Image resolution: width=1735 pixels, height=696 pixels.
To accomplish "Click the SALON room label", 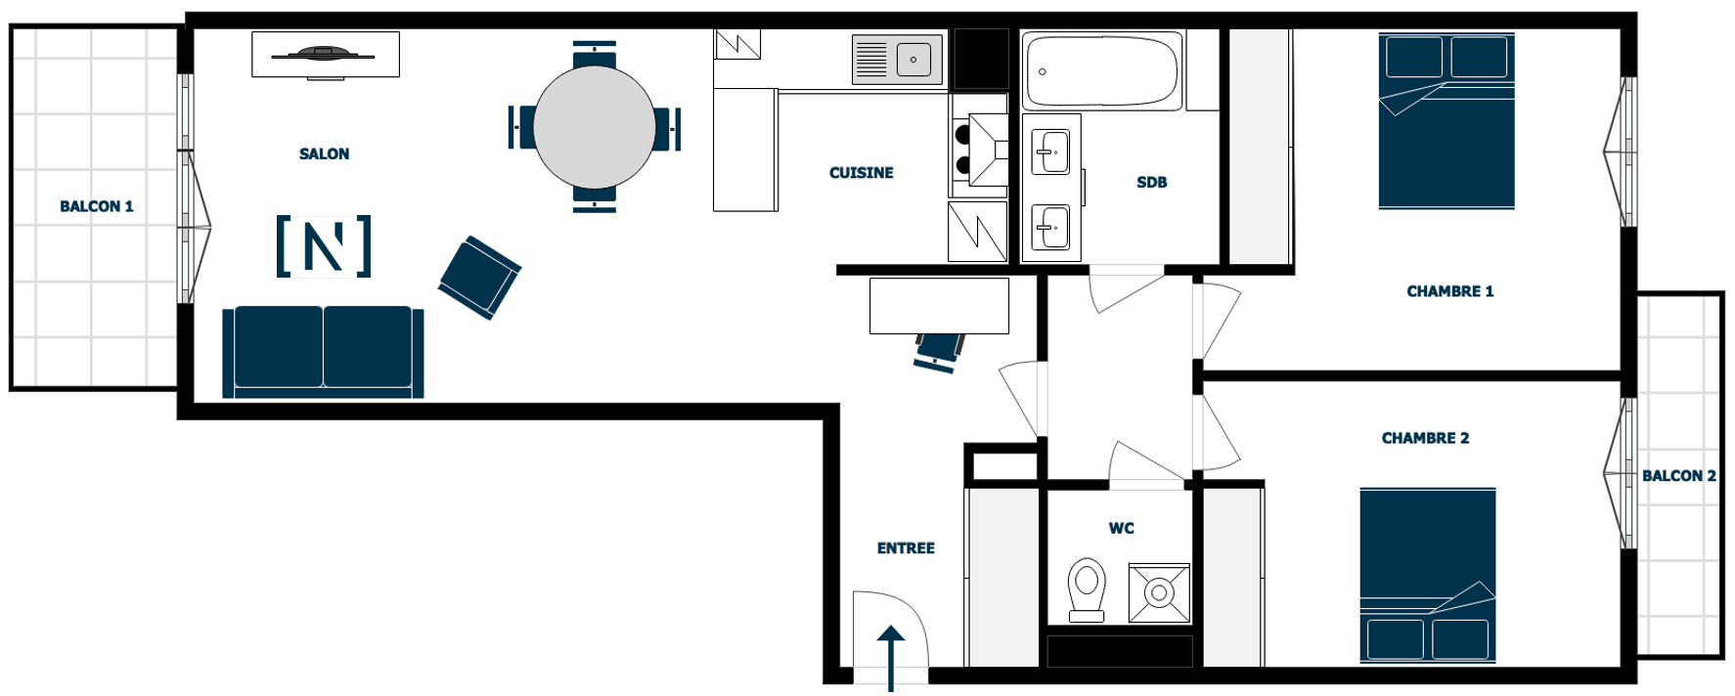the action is tap(324, 153).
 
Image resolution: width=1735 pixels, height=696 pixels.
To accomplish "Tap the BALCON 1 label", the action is tap(97, 206).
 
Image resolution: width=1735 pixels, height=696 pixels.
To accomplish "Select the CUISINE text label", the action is tap(862, 173).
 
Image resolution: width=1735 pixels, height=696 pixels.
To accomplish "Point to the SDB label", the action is tap(1152, 183).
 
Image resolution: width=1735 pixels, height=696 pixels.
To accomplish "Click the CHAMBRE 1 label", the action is tap(1450, 291).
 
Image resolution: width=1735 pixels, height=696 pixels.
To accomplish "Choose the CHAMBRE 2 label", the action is tap(1425, 438).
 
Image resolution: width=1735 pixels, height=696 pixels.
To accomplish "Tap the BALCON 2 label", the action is tap(1679, 476).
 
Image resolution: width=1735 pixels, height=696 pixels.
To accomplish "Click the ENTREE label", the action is tap(906, 548).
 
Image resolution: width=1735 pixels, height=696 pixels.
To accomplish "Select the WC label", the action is tap(1122, 529).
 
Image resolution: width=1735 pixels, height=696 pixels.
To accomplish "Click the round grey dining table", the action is tap(595, 127).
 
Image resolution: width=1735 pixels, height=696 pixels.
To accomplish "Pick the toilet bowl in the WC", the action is tap(1087, 589).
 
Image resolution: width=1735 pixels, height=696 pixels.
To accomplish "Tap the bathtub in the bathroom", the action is tap(1102, 70).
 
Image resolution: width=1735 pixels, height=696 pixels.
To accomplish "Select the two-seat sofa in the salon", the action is tap(324, 352).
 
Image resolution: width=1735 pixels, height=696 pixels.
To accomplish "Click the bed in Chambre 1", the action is tap(1446, 120).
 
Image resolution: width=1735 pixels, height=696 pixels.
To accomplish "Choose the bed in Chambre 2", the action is tap(1428, 576).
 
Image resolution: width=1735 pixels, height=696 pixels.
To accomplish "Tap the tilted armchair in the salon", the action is tap(479, 278).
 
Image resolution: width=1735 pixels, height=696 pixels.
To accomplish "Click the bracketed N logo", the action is tap(324, 246).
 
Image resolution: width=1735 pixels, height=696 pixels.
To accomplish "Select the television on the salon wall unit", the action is tap(324, 54).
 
